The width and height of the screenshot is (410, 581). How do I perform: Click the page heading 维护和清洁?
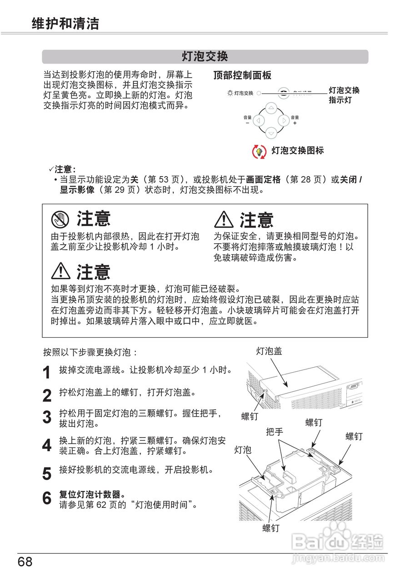coord(65,24)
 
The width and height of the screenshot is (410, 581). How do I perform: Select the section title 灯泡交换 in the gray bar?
coord(205,57)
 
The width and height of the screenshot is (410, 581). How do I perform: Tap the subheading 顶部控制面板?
coord(242,76)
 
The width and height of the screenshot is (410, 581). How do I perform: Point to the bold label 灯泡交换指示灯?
coord(344,95)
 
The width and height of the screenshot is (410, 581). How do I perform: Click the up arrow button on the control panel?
coord(271,108)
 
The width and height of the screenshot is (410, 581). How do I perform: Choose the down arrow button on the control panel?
coord(271,133)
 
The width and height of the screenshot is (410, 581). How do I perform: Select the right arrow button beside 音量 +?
coord(284,121)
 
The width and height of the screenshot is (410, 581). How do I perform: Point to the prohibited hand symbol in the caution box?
coord(60,220)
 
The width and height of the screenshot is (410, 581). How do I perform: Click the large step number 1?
coord(46,373)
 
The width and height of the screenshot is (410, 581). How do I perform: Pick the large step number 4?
coord(46,445)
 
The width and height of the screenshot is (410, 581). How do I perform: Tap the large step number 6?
coord(46,498)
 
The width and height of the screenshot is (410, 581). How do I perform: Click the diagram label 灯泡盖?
coord(269,351)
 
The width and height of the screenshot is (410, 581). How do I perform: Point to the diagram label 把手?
coord(275,432)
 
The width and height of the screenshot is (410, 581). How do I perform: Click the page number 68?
coord(25,562)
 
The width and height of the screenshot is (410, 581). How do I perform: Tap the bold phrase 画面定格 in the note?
coord(263,179)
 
